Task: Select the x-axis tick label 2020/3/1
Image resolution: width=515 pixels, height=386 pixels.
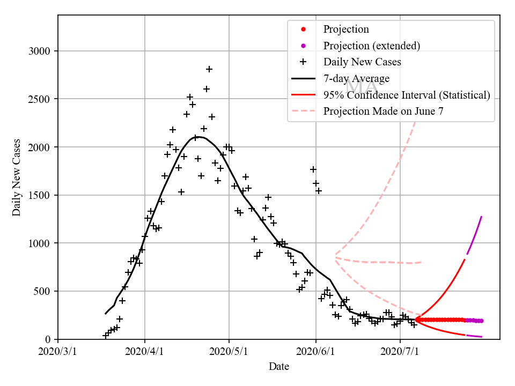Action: pos(58,352)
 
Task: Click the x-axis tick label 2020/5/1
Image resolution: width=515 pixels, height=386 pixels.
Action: pos(229,352)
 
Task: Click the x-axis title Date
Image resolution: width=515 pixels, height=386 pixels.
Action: pos(279,367)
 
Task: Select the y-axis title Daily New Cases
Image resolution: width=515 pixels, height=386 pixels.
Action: pos(17,177)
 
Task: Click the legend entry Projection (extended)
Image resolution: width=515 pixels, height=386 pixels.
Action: pos(371,46)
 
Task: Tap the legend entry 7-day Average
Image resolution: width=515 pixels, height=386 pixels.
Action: pos(356,78)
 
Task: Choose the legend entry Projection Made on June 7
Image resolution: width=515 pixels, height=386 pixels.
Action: pos(384,112)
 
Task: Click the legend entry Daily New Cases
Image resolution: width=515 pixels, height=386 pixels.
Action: pos(362,62)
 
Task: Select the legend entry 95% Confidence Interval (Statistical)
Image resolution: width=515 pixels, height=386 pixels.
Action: pos(407,95)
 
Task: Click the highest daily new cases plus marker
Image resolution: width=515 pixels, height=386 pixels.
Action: pos(209,69)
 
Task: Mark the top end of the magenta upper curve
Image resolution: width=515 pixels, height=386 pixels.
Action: pos(482,217)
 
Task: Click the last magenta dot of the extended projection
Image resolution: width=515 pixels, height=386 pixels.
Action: pos(481,321)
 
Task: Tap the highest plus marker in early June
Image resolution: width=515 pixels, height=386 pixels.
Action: pos(313,169)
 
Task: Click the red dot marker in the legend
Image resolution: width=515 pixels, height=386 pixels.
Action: pos(303,29)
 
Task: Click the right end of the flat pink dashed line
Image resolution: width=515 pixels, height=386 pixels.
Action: pos(422,262)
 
